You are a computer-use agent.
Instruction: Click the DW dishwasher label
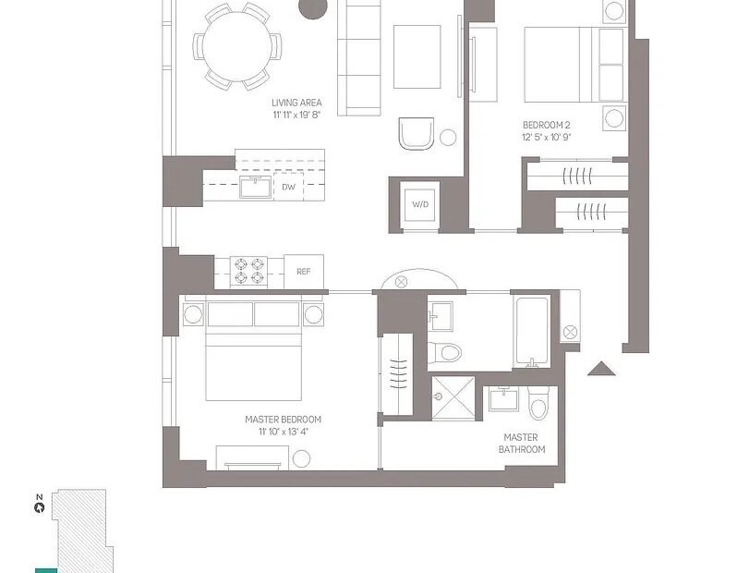click(x=288, y=187)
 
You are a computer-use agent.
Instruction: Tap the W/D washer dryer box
click(x=420, y=204)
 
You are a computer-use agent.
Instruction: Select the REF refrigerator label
click(x=304, y=272)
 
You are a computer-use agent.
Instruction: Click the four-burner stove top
click(x=248, y=272)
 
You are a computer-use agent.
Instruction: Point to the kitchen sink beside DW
click(x=256, y=188)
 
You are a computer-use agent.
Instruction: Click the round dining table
click(x=237, y=46)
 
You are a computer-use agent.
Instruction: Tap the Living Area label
click(x=296, y=103)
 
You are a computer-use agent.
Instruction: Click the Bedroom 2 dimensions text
click(x=546, y=138)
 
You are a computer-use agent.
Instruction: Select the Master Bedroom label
click(x=283, y=420)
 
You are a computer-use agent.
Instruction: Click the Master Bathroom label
click(x=521, y=444)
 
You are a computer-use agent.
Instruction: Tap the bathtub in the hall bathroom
click(x=532, y=331)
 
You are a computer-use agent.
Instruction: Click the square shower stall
click(x=453, y=397)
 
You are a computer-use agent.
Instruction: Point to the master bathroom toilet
click(x=538, y=403)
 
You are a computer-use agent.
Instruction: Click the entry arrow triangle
click(x=601, y=369)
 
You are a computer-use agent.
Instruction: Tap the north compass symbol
click(x=40, y=507)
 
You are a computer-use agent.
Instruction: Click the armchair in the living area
click(x=416, y=133)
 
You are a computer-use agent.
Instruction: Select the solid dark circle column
click(x=313, y=8)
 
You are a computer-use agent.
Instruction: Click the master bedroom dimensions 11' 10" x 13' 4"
click(x=283, y=432)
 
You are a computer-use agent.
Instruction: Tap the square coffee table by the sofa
click(x=417, y=57)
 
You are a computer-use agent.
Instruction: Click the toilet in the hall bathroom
click(x=444, y=352)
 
